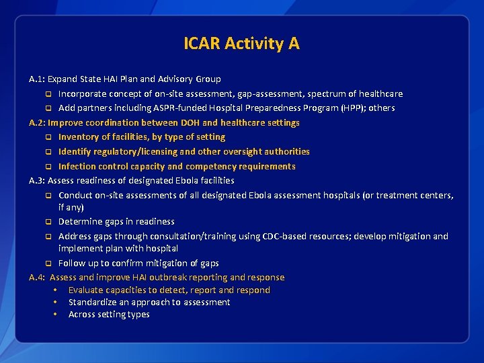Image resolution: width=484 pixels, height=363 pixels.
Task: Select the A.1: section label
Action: pos(37,79)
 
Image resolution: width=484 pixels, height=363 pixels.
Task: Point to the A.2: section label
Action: pos(37,122)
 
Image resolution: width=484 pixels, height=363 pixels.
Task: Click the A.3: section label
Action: pos(37,180)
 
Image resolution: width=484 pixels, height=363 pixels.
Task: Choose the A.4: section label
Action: pos(37,277)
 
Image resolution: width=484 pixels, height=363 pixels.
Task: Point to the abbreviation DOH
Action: pos(190,122)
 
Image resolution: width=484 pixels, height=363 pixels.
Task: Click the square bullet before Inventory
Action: pos(48,137)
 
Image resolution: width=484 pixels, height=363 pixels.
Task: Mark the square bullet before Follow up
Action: pos(48,264)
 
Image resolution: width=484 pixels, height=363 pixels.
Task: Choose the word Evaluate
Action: pos(88,290)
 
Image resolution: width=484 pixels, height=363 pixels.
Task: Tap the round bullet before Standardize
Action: pos(54,302)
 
